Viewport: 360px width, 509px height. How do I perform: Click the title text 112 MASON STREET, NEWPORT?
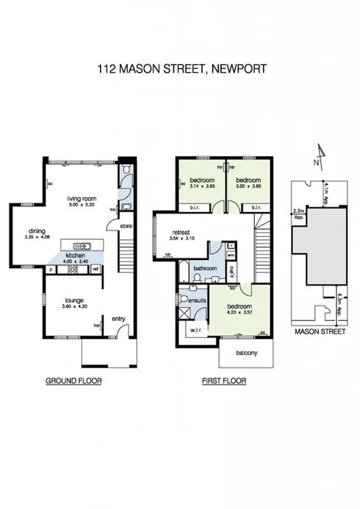(x=182, y=69)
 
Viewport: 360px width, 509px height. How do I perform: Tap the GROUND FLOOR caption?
(x=74, y=381)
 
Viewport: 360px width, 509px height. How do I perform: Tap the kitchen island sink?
(x=89, y=248)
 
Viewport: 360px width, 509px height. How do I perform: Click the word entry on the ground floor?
(x=118, y=318)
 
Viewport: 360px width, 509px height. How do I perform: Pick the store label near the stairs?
(x=127, y=227)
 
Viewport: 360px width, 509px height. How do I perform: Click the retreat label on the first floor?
(x=182, y=232)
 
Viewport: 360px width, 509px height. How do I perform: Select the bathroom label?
(x=204, y=268)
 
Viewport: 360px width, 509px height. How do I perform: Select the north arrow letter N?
(x=316, y=163)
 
